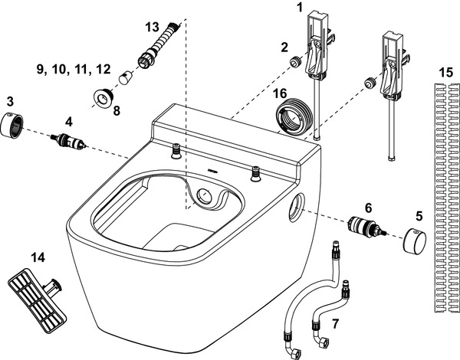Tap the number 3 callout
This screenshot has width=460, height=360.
tap(9, 101)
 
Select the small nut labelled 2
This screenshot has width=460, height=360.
tap(293, 62)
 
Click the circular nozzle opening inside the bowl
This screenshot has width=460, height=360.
tap(206, 197)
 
